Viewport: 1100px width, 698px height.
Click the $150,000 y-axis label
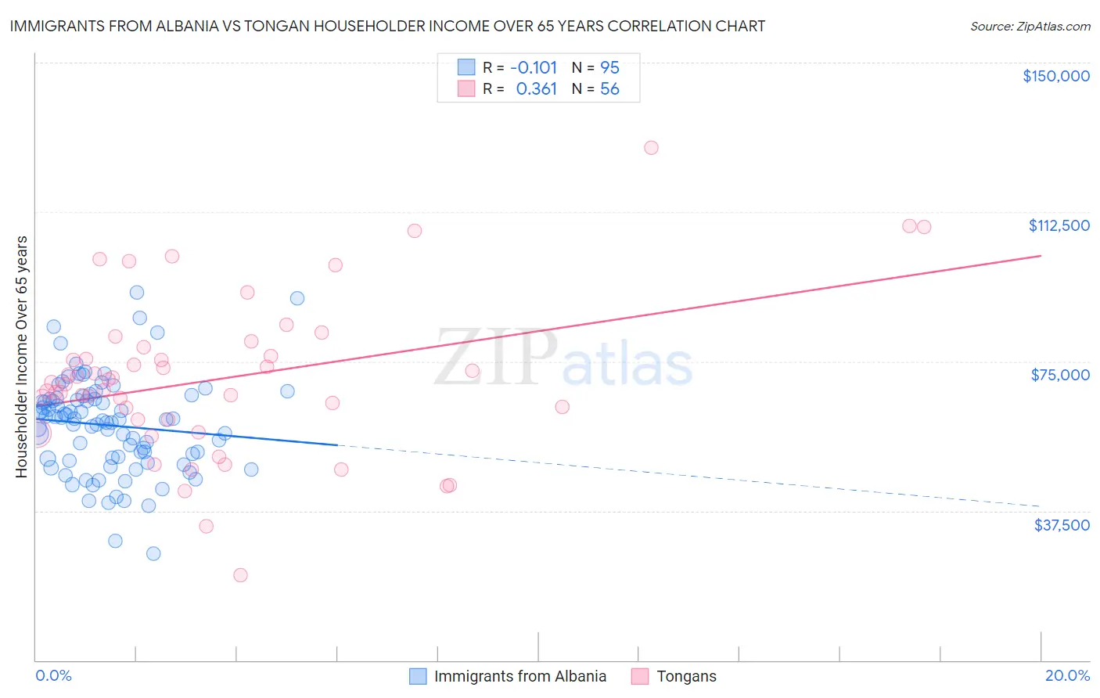click(x=1055, y=76)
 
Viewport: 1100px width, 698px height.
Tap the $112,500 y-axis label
click(x=1059, y=225)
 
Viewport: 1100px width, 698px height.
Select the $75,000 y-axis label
click(x=1060, y=375)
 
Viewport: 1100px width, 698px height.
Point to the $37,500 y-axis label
click(x=1062, y=525)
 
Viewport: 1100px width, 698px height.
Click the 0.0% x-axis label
click(x=53, y=675)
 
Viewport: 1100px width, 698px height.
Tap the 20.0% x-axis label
click(x=1067, y=675)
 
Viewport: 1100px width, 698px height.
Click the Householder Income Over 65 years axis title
click(x=22, y=356)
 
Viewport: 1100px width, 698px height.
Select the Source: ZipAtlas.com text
click(x=1030, y=27)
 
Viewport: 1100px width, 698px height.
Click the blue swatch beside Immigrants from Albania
click(x=419, y=676)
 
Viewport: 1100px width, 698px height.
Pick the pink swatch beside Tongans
click(x=640, y=676)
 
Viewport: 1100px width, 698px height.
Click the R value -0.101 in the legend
click(x=533, y=68)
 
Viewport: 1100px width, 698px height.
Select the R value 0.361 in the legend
click(x=536, y=89)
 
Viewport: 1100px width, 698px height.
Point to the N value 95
click(x=609, y=68)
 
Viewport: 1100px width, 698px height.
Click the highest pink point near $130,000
click(x=651, y=148)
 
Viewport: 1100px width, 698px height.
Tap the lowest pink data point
click(x=240, y=575)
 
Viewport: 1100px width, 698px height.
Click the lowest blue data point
click(x=153, y=553)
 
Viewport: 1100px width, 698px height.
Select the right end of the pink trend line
click(x=1041, y=256)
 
